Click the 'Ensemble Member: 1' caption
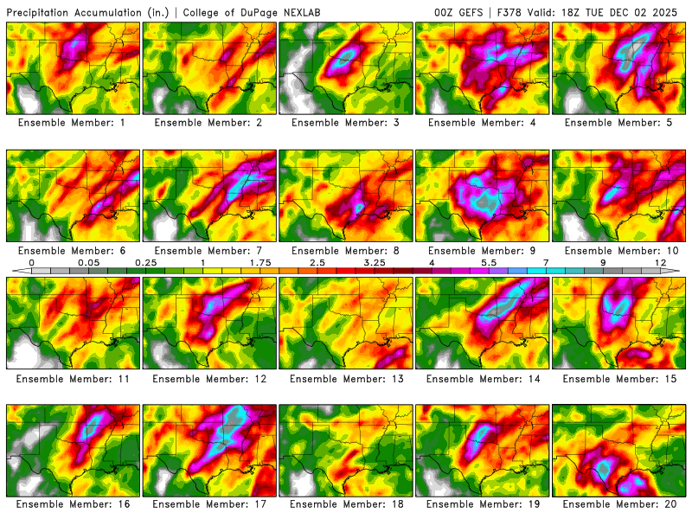pos(73,123)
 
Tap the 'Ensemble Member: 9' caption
pos(482,250)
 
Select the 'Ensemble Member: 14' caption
pos(482,378)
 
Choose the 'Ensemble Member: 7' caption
pos(209,250)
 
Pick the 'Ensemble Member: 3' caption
pos(345,123)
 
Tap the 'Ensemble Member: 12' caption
pos(209,378)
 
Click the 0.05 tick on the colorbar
pos(88,262)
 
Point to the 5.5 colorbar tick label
pos(488,262)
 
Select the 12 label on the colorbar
pos(659,262)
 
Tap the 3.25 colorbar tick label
pos(374,262)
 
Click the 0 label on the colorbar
pos(31,262)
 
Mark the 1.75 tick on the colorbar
pos(259,262)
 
